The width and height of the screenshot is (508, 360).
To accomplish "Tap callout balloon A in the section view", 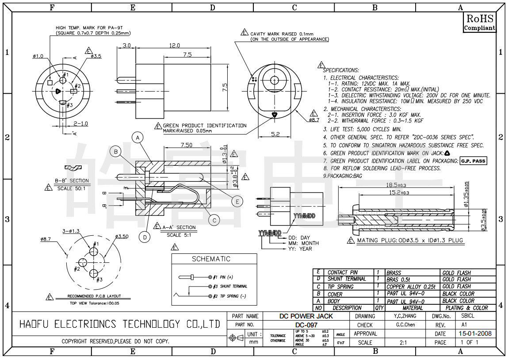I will [x=138, y=138].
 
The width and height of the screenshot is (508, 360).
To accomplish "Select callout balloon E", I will [x=237, y=202].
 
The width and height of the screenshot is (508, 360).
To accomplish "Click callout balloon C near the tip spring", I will [x=214, y=220].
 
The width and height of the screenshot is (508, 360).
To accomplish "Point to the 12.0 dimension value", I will [x=174, y=46].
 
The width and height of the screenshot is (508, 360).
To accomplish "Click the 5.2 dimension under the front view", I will [x=275, y=134].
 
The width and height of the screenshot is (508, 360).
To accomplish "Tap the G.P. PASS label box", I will [x=473, y=161].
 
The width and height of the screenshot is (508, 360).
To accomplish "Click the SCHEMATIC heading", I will [x=211, y=259].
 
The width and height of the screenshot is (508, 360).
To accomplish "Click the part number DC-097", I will [x=306, y=325].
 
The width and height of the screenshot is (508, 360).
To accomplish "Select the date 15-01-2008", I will [x=475, y=334].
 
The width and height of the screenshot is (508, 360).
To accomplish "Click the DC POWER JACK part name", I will [x=306, y=316].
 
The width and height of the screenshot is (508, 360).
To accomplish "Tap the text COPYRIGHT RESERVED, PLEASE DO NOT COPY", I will [x=115, y=341].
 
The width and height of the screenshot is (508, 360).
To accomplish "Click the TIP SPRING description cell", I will [x=340, y=287].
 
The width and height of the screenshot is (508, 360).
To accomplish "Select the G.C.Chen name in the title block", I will [x=405, y=325].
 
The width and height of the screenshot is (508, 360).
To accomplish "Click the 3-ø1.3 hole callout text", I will [x=71, y=231].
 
